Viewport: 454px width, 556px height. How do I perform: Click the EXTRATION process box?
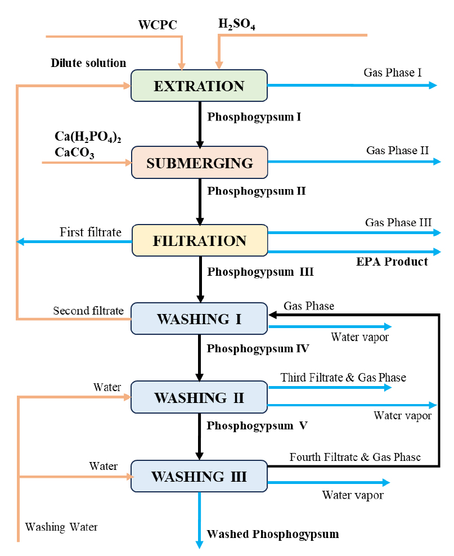[x=199, y=86]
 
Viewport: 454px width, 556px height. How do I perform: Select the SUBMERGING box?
[x=200, y=163]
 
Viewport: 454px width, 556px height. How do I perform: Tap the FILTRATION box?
[x=200, y=240]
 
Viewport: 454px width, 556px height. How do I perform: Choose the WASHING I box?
[x=199, y=319]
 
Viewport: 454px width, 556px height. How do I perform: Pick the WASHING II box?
[x=199, y=397]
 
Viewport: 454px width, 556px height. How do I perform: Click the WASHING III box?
[x=199, y=476]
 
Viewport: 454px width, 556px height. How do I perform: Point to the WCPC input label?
[x=158, y=25]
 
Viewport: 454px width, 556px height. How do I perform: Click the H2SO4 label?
[x=237, y=24]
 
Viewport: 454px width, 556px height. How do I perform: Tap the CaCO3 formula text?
[x=74, y=153]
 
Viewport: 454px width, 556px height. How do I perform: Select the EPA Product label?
[x=392, y=262]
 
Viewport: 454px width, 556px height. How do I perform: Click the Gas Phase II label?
[x=397, y=150]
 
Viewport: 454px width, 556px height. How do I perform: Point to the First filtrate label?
[x=91, y=232]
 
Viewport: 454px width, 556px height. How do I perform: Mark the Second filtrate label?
[x=88, y=311]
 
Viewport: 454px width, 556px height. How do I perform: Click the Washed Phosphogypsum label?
[x=273, y=534]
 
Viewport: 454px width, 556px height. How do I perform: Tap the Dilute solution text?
[x=88, y=63]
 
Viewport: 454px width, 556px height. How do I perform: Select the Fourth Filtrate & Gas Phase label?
[x=355, y=457]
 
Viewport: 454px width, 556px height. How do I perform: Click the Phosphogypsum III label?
[x=260, y=272]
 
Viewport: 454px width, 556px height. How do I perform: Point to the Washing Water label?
[x=61, y=527]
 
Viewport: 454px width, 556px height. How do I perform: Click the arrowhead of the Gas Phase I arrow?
[x=433, y=85]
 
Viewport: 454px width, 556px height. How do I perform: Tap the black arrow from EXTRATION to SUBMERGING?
[x=200, y=124]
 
